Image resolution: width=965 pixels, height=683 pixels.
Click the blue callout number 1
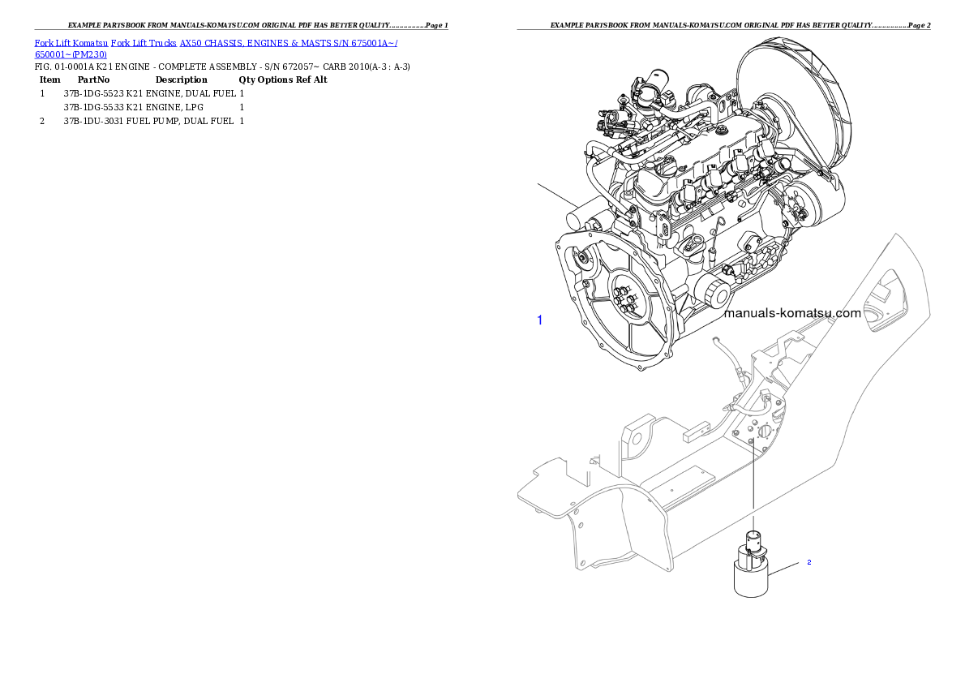(x=540, y=320)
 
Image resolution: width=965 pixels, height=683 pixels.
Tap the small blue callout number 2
(x=808, y=562)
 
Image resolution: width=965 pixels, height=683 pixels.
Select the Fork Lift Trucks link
(x=144, y=41)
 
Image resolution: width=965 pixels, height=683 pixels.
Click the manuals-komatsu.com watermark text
(x=791, y=313)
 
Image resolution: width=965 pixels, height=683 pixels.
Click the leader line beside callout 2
(x=784, y=568)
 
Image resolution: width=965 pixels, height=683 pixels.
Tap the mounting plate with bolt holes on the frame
(x=753, y=430)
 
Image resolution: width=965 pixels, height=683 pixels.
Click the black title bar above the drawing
(x=723, y=29)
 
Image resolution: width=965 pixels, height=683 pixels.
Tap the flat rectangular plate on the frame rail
(x=676, y=485)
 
